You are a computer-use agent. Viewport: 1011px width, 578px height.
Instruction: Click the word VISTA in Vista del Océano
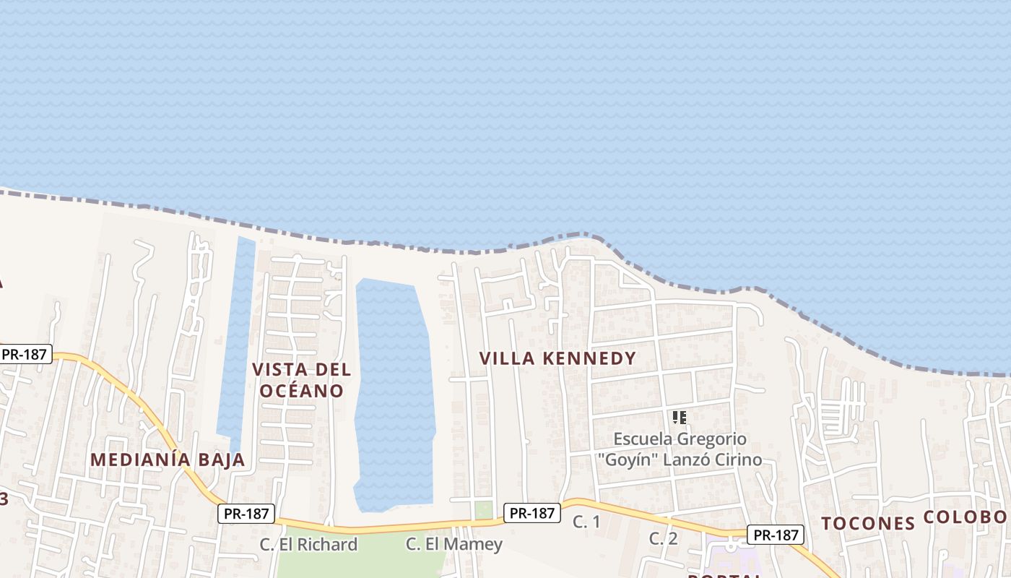[x=279, y=370]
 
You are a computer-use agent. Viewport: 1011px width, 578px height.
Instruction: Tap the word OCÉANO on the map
[x=302, y=391]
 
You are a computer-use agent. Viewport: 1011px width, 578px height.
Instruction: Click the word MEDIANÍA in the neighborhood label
[x=141, y=460]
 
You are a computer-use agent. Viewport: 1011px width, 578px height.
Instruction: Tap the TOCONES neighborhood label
[x=868, y=523]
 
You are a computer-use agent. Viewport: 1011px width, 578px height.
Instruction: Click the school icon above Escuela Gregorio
[x=679, y=418]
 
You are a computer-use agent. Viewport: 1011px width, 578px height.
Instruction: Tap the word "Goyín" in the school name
[x=623, y=460]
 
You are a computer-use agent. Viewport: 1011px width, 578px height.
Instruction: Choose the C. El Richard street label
[x=309, y=544]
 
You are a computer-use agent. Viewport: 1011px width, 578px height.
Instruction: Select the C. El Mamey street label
[x=454, y=544]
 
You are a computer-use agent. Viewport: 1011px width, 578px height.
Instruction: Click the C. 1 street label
[x=586, y=521]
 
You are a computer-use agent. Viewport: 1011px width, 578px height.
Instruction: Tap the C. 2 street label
[x=663, y=538]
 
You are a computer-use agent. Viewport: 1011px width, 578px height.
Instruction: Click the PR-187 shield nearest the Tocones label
[x=775, y=535]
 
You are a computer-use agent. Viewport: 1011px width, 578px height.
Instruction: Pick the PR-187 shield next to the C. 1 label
[x=532, y=513]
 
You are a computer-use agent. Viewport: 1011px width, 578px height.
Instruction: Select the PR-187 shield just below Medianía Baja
[x=246, y=514]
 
